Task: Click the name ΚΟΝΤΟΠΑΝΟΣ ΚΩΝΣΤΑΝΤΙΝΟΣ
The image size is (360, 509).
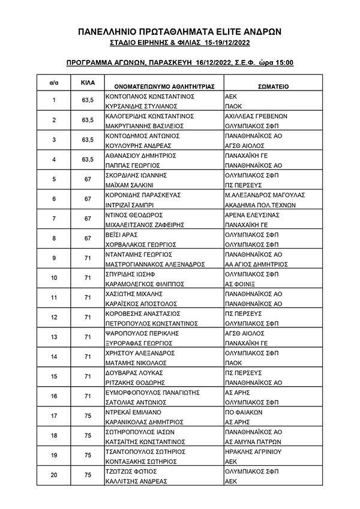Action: pos(149,95)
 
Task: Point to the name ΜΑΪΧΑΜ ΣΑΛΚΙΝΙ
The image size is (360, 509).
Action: pos(133,184)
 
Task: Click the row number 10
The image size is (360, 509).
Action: pos(54,278)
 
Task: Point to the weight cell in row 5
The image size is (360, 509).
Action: pos(87,179)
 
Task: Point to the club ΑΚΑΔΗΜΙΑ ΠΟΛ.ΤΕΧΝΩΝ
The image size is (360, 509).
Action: pos(263,204)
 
